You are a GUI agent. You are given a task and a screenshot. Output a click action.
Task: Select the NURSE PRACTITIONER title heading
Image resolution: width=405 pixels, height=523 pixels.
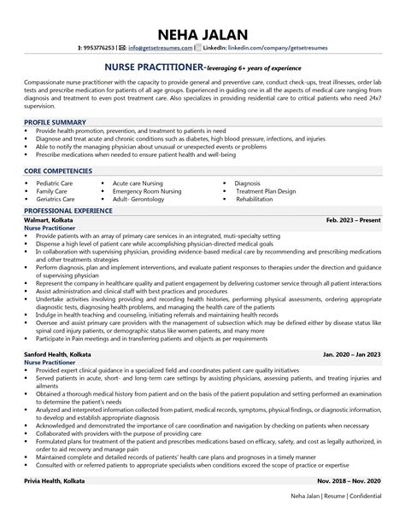pyautogui.click(x=154, y=65)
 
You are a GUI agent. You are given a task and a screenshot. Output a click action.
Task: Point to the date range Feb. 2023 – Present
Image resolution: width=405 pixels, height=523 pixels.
pyautogui.click(x=355, y=220)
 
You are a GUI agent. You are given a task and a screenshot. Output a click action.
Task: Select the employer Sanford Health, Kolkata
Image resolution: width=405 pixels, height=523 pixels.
pyautogui.click(x=60, y=352)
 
